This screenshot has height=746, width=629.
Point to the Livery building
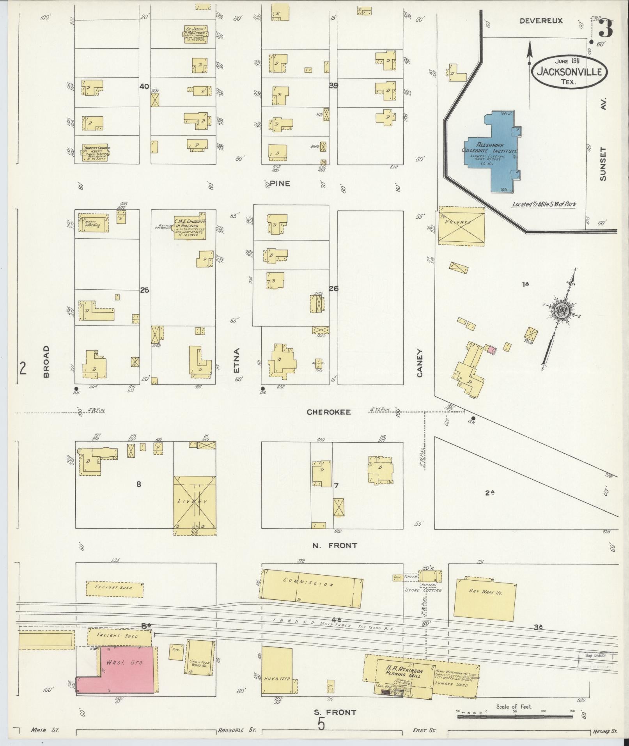click(x=195, y=502)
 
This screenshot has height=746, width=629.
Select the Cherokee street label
click(x=328, y=412)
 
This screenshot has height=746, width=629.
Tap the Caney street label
click(x=420, y=363)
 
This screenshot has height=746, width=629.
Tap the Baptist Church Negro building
click(x=95, y=153)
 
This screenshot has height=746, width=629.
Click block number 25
click(x=145, y=290)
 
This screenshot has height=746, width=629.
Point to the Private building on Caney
click(x=461, y=225)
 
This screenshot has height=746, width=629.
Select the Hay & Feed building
click(x=277, y=670)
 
